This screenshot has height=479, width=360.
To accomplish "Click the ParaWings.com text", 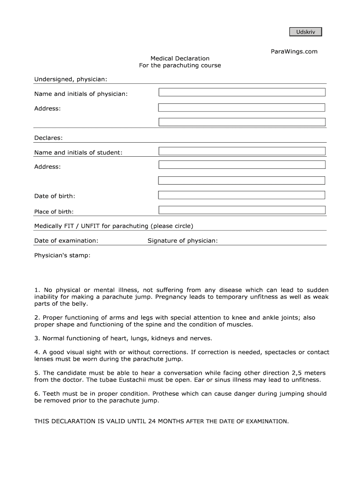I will click(x=294, y=51).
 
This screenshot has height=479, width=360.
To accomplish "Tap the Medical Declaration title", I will click(x=180, y=58).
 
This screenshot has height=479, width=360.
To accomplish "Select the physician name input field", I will click(x=242, y=92).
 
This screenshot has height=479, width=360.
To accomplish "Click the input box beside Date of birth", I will click(x=242, y=195).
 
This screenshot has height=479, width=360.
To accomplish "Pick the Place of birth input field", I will click(x=242, y=210).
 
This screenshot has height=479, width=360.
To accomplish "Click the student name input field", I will click(x=242, y=151).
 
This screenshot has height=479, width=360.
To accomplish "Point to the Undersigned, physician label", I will click(x=71, y=80).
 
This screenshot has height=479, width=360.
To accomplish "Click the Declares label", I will click(x=48, y=138).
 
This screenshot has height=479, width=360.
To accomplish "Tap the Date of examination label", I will click(x=66, y=241).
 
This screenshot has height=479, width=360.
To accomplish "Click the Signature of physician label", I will click(x=182, y=241).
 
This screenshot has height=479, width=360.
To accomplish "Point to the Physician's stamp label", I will click(x=62, y=256).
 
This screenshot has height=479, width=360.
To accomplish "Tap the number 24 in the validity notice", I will click(x=151, y=421).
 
